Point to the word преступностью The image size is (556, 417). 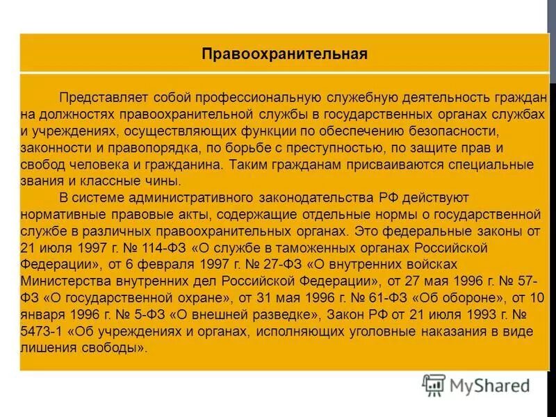[327, 147]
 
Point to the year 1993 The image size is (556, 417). [474, 314]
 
